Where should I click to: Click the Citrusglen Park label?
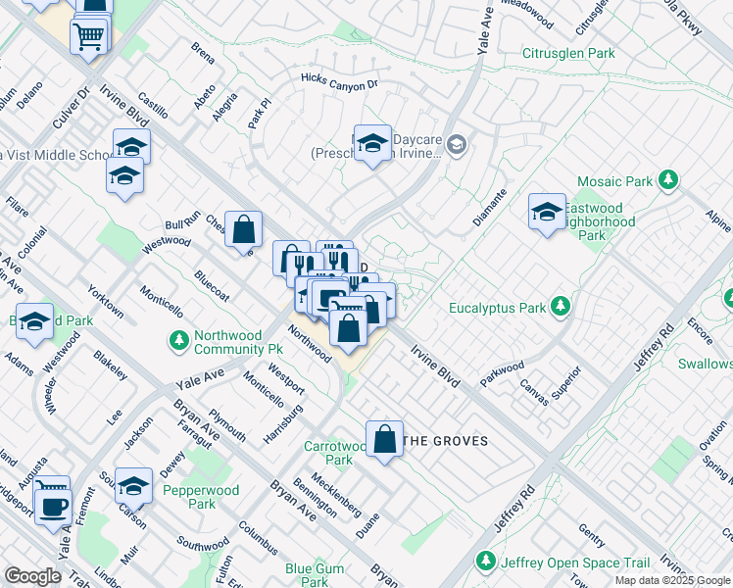coord(568,53)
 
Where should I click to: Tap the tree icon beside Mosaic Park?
coord(668,180)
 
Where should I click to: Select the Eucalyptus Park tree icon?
coord(560,308)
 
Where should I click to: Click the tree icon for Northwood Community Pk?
coord(178,341)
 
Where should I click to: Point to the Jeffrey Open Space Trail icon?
coord(484,562)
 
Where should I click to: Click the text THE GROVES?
coord(446,441)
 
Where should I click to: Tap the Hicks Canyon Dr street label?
coord(339,83)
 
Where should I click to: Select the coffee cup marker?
coord(52,506)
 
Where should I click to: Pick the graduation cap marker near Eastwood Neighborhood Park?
coord(547,211)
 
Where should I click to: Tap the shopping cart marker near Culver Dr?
coord(89,37)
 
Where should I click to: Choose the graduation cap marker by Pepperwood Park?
coord(133,484)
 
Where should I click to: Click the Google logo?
coord(32,576)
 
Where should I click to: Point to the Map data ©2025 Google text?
coord(671,580)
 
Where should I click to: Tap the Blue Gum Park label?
coord(314,574)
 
